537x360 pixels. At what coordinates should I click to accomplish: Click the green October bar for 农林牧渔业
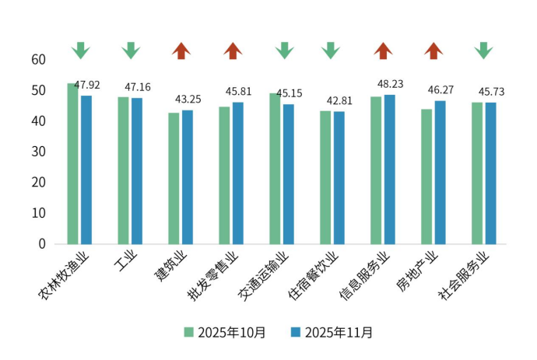[72, 163]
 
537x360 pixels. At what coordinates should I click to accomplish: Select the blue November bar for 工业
[137, 170]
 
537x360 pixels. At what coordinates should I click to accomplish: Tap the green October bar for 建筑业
[174, 178]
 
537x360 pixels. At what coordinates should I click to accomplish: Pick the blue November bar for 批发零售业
[238, 173]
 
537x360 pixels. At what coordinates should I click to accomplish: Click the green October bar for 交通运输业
[275, 168]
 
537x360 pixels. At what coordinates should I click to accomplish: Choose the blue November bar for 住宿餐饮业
[339, 177]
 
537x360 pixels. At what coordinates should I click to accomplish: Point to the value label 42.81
[340, 100]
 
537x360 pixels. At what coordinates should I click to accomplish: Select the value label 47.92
[87, 85]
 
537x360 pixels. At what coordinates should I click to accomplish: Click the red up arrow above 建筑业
[181, 51]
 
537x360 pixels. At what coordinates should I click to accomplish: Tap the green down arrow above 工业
[131, 51]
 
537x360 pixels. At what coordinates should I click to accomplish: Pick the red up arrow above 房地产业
[433, 51]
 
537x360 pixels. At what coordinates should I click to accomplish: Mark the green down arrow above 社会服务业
[483, 51]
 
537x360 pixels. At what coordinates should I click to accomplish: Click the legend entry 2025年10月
[225, 333]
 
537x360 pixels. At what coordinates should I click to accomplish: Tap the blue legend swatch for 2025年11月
[296, 333]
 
